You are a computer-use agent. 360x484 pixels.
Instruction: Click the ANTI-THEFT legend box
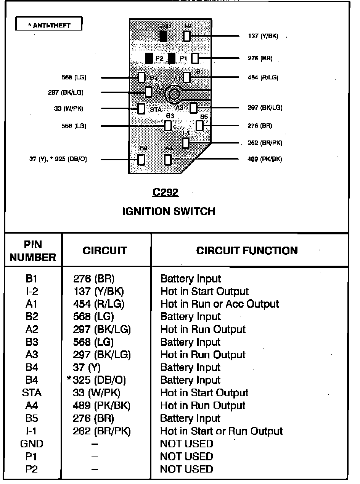coord(49,25)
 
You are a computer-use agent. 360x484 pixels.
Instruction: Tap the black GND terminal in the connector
coord(164,36)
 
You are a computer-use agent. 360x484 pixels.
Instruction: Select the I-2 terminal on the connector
coord(187,36)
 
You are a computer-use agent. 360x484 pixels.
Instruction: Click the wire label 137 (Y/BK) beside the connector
coord(263,36)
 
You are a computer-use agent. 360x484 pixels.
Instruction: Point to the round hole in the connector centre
coord(175,94)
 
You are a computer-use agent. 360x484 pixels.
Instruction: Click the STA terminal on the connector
coord(141,108)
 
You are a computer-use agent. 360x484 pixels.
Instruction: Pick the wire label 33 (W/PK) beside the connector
coord(69,108)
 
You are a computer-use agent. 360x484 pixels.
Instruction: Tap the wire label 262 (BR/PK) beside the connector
coord(265,143)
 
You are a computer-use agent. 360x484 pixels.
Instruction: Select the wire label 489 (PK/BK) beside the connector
coord(265,159)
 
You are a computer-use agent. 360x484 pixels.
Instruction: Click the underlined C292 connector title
coord(166,193)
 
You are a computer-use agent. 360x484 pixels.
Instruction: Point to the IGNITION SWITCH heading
coord(169,211)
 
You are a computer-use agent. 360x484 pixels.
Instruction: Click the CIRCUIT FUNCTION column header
coord(247,251)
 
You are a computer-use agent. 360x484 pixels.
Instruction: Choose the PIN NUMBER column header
coord(33,251)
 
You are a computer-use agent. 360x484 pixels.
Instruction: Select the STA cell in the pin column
coord(32,393)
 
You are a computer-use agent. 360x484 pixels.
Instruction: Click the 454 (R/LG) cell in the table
coord(99,304)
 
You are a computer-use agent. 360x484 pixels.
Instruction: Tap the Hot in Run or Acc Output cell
coord(220,304)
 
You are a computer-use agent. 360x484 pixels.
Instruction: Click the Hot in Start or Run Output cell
coord(222,431)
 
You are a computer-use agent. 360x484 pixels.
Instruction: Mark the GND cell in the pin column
coord(32,444)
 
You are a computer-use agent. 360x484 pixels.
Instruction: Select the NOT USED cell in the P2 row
coord(186,469)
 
